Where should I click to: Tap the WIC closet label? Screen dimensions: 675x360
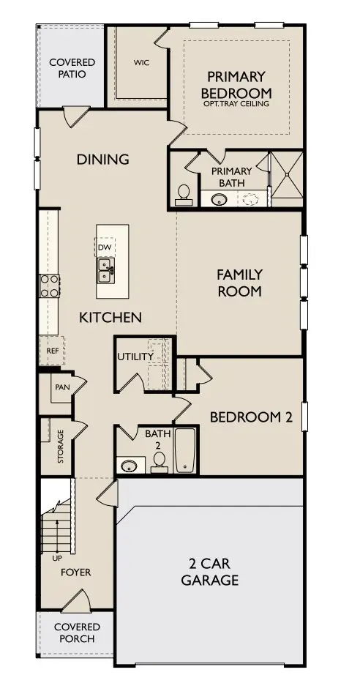coord(141,63)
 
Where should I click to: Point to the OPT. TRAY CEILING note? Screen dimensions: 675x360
coord(237,104)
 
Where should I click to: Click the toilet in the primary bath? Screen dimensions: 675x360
coord(183,195)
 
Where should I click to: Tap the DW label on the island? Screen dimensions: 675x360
coord(105,247)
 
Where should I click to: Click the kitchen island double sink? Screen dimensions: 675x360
coord(106,275)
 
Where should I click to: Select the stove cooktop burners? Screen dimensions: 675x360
coord(49,286)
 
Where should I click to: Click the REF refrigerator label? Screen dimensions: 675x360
coord(52,351)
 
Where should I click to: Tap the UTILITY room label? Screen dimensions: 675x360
coord(135,357)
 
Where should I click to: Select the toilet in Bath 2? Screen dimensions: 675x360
coord(158,463)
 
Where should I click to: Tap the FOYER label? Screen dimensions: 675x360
coord(76,572)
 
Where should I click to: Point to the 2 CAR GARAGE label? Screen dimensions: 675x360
coord(211,573)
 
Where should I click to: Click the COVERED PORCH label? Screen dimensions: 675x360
coord(76,633)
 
